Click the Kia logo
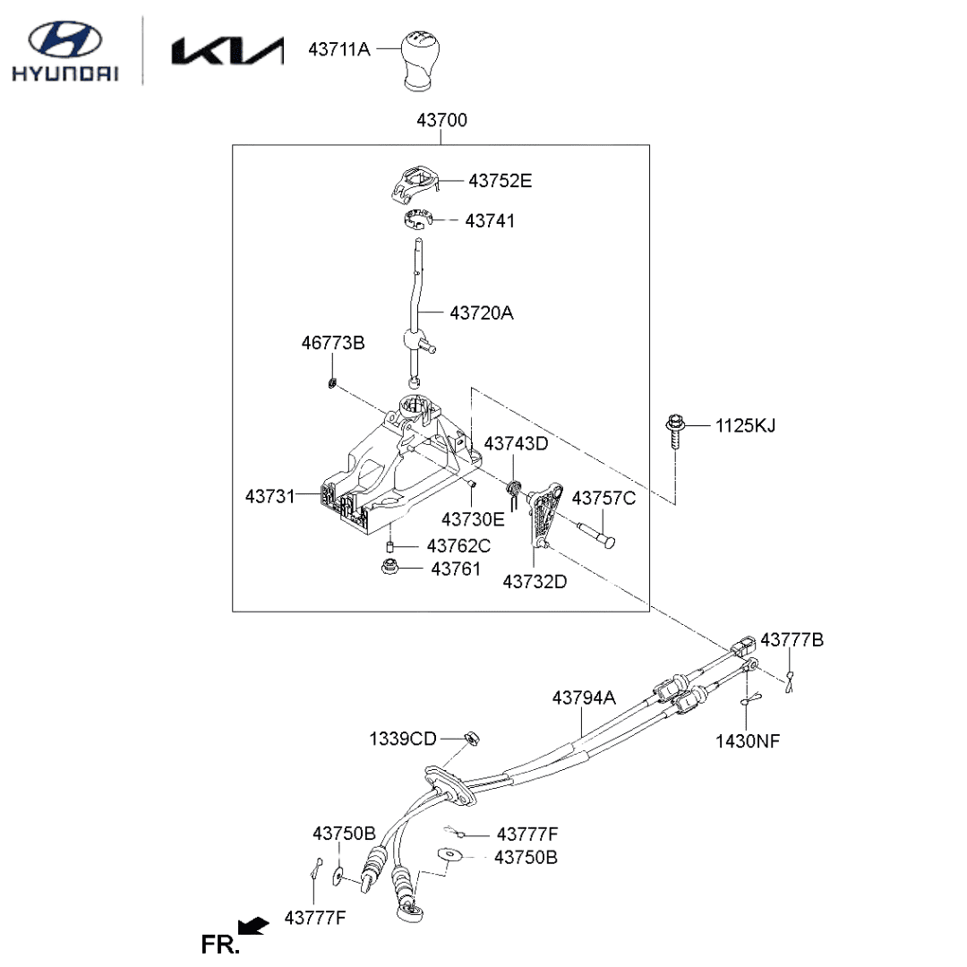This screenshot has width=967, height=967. pos(227,51)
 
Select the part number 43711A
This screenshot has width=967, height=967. pos(338,49)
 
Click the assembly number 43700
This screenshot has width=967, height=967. pos(441,120)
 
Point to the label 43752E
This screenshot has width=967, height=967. pos(500,181)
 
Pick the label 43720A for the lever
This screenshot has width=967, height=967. pos(482,313)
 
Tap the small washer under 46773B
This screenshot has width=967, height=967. pos(332,383)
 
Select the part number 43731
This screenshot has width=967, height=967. pos(270,495)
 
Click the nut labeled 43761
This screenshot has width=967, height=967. pos(390,568)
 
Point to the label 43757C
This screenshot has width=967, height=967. pos(603,499)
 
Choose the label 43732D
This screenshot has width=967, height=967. pos(535,581)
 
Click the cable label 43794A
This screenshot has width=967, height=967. pos(584,697)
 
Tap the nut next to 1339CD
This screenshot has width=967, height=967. pos(472,738)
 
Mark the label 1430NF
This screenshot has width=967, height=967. pos(748,740)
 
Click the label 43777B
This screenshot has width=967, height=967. pos(792,640)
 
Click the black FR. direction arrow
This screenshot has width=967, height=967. pos(254,926)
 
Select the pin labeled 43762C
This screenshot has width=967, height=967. pos(390,546)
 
